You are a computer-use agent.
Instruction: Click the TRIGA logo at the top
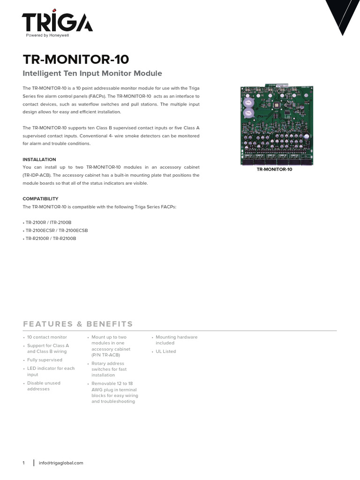coord(57,22)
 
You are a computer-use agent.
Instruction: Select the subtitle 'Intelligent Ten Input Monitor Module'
coord(92,74)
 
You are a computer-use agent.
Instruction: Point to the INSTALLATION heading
coord(39,159)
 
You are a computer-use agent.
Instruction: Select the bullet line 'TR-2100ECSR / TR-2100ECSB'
coord(56,231)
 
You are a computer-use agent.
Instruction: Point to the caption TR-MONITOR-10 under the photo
coord(274,169)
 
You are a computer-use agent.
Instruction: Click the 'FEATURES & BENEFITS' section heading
coord(78,324)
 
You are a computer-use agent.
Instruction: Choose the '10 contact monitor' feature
coord(47,337)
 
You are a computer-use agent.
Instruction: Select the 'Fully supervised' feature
coord(45,360)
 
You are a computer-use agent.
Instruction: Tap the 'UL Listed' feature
coord(166,352)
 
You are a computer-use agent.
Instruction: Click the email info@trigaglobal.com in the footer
coord(61,463)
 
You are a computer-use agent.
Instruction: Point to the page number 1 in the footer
coord(23,463)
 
